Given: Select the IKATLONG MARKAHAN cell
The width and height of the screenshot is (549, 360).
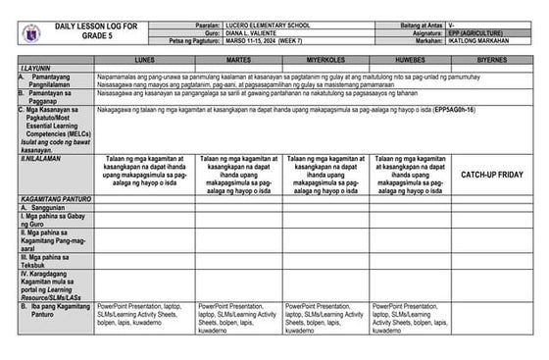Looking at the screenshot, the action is tap(482, 40).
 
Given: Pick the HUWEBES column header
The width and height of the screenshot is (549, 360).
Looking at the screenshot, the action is tap(411, 60).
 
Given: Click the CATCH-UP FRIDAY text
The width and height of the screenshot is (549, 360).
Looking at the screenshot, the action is tap(491, 173).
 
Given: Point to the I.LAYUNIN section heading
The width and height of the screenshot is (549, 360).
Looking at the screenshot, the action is tap(42, 68).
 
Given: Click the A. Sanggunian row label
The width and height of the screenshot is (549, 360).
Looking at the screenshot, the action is tap(49, 208).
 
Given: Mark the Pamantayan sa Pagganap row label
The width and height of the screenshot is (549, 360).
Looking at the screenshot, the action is tap(54, 95).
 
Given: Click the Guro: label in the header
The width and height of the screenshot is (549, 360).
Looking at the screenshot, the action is tap(205, 32).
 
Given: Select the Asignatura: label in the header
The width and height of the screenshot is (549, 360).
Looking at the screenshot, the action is tap(424, 32).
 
